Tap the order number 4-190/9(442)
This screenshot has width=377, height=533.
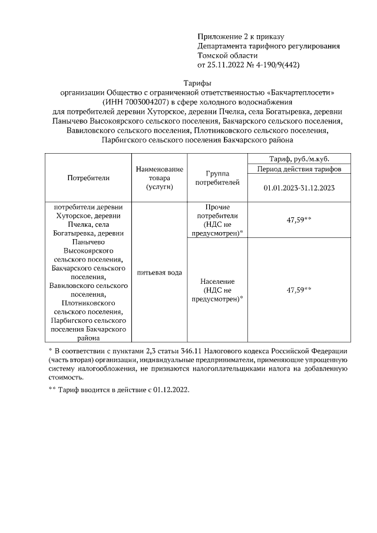click(276, 65)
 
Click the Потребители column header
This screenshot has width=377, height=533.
click(88, 177)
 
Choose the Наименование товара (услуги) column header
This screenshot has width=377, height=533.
click(159, 177)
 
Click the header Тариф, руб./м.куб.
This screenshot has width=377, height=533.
click(299, 159)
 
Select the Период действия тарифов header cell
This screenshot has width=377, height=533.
click(299, 170)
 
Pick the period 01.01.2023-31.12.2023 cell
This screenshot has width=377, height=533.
click(299, 188)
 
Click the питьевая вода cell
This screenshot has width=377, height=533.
click(159, 272)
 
